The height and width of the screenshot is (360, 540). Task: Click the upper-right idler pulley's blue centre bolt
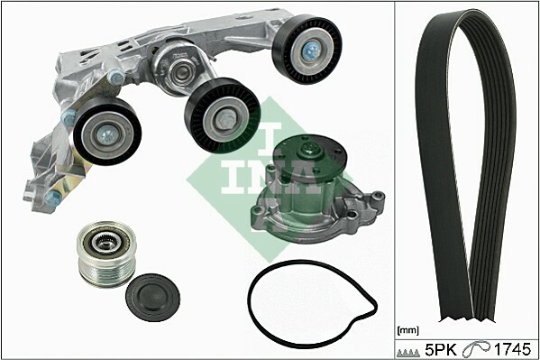(310, 51)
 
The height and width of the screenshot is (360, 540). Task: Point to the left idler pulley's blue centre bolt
(105, 134)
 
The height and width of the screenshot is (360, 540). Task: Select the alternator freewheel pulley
(106, 254)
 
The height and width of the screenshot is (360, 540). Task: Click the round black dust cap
(152, 297)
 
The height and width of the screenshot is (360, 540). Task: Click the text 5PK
(441, 350)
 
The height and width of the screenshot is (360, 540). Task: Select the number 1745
(512, 350)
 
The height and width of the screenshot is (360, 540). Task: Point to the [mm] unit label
(408, 331)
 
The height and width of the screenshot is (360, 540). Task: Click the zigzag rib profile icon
(408, 353)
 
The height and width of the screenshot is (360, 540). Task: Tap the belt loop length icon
(476, 350)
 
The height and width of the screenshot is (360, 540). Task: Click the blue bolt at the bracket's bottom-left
(52, 198)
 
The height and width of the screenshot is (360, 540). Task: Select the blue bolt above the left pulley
(116, 78)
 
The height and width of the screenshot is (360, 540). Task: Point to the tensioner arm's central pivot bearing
(180, 71)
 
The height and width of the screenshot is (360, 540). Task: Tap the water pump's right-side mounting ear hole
(379, 197)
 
